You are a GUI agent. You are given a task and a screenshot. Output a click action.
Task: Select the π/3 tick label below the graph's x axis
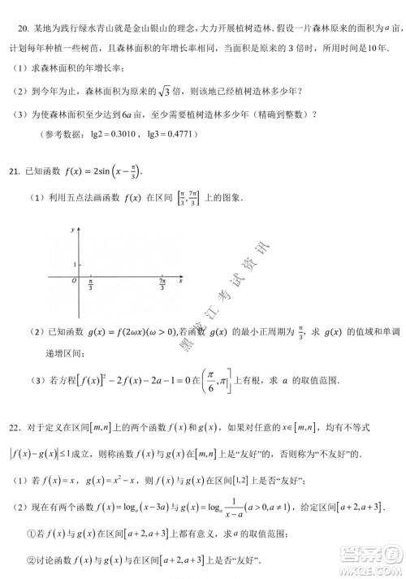[x=90, y=287]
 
